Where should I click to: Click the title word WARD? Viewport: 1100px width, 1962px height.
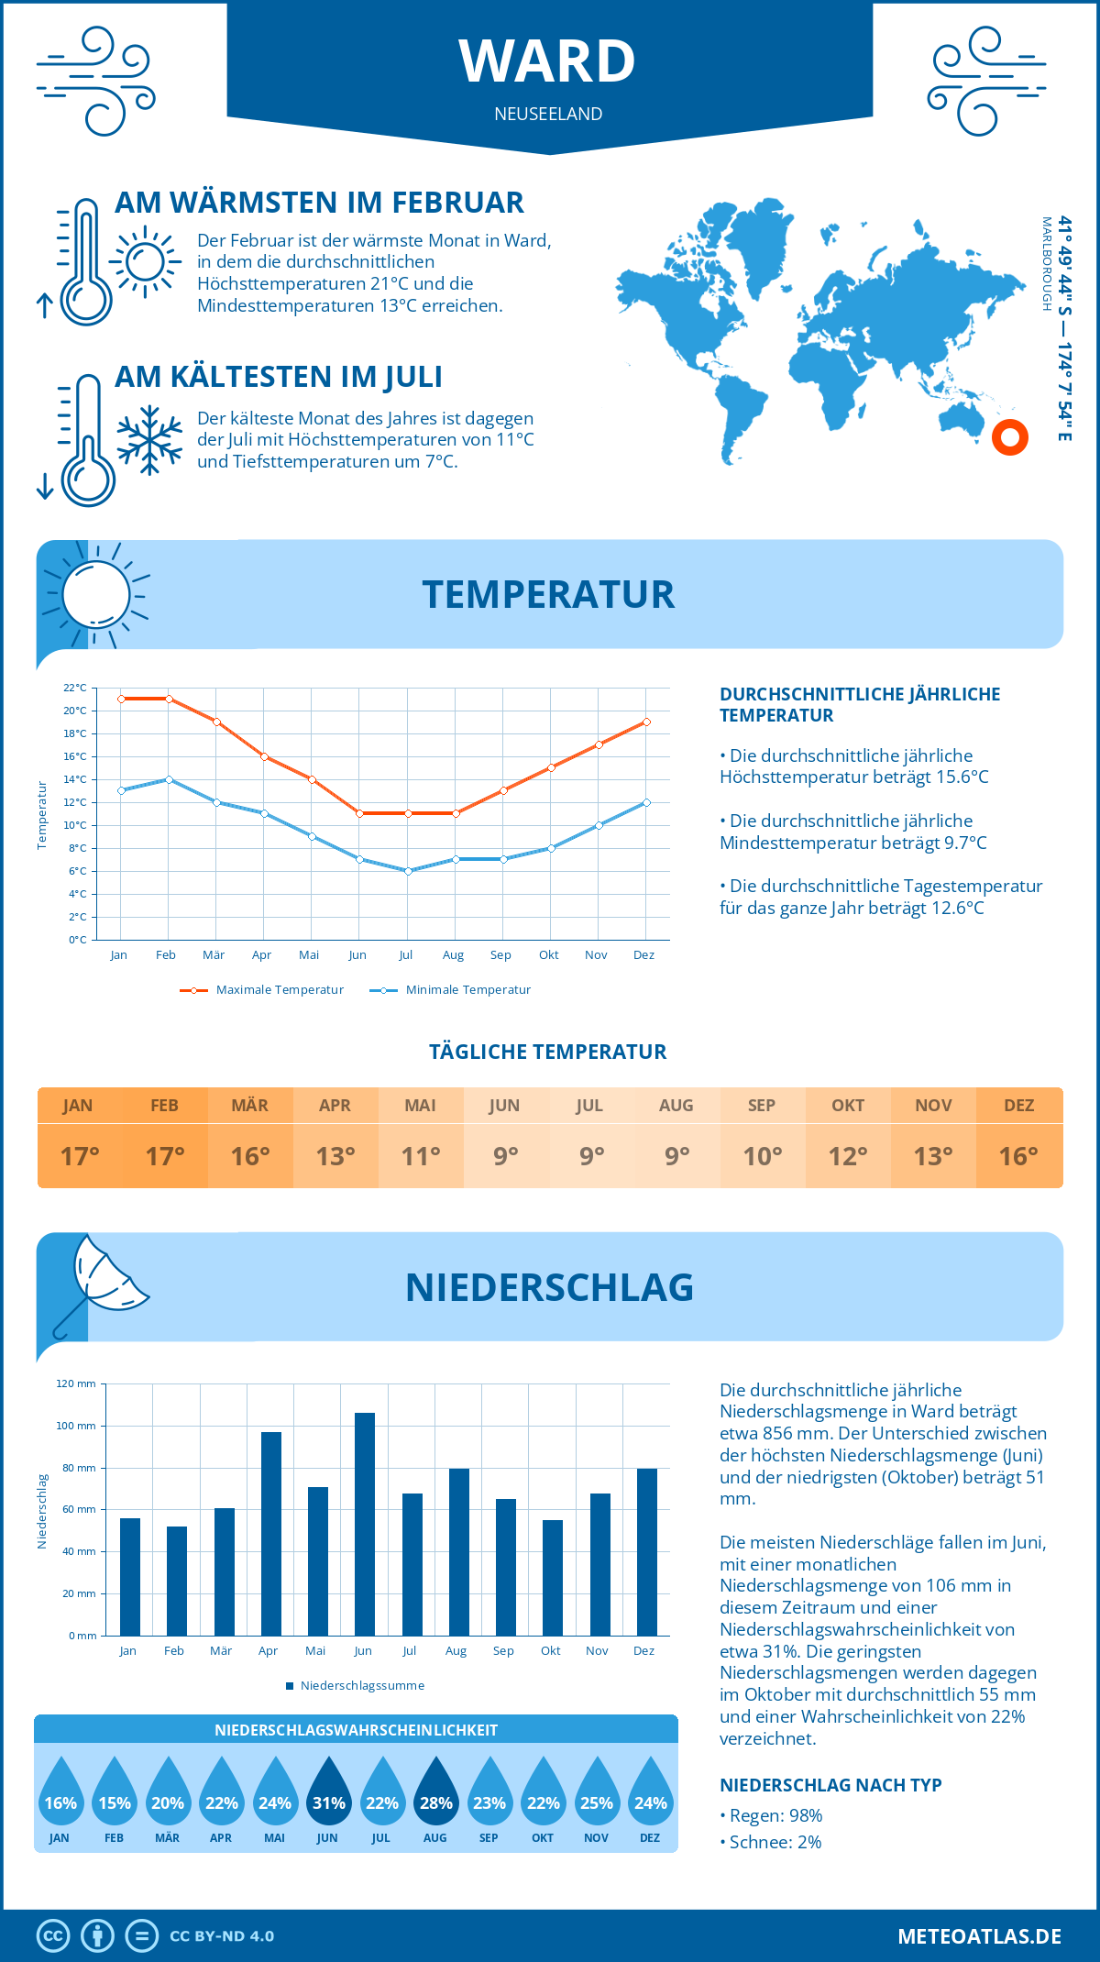[x=547, y=61]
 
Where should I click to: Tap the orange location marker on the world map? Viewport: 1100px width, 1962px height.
[x=1010, y=437]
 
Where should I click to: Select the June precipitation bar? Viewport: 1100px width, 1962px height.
[x=365, y=1524]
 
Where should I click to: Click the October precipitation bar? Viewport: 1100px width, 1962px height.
[x=553, y=1577]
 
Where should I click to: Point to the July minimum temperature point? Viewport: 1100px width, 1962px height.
[x=408, y=871]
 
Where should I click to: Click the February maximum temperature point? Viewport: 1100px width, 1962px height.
[x=169, y=699]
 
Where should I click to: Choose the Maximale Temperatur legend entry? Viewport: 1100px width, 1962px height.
[x=262, y=990]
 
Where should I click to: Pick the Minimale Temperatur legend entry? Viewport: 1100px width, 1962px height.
[x=451, y=990]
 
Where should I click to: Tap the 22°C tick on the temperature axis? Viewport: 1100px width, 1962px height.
[x=75, y=688]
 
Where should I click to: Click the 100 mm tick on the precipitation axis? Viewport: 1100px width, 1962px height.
[x=76, y=1426]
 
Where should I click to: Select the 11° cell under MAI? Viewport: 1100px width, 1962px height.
[x=421, y=1156]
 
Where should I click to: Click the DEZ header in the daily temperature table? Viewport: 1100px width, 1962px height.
[x=1019, y=1106]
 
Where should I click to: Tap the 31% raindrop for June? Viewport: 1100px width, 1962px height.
[x=328, y=1793]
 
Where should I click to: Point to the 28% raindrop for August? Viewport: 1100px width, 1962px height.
[x=435, y=1793]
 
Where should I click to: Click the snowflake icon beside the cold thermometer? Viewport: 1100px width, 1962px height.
[x=149, y=439]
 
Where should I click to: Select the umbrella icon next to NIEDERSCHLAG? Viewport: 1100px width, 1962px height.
[x=101, y=1284]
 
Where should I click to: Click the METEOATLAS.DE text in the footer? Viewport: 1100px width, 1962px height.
[x=979, y=1936]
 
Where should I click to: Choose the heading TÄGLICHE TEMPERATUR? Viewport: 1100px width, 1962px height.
[x=548, y=1053]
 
